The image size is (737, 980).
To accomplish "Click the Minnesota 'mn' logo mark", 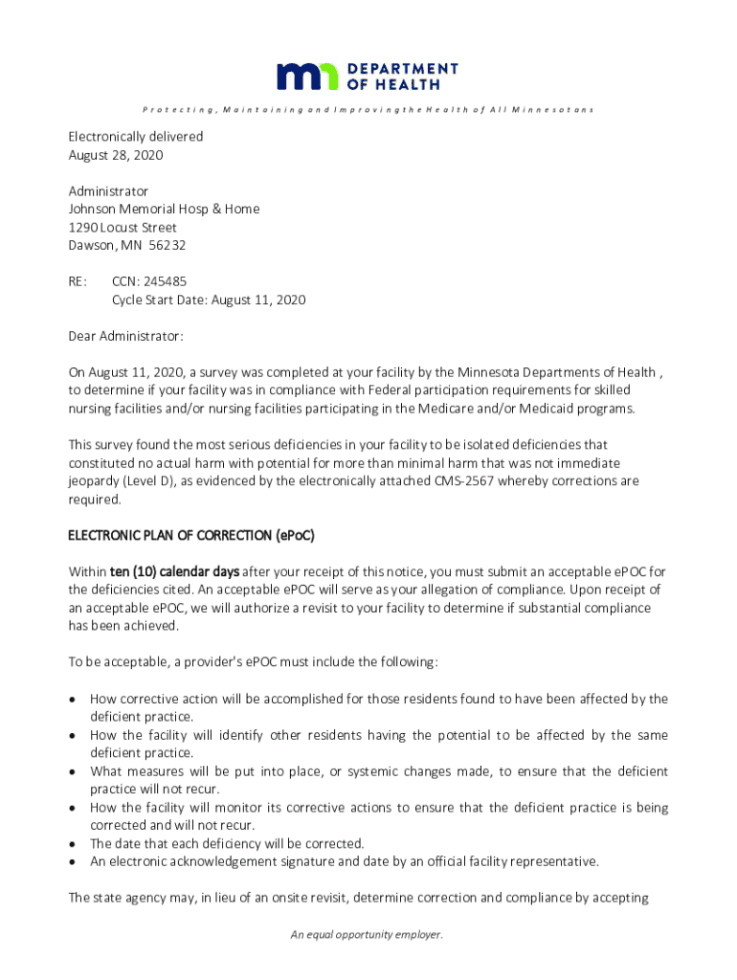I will pyautogui.click(x=307, y=77).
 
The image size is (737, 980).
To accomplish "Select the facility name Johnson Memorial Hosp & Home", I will pyautogui.click(x=164, y=209).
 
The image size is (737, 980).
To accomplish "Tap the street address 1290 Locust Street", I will pyautogui.click(x=123, y=227).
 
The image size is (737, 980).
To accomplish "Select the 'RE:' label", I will pyautogui.click(x=78, y=281).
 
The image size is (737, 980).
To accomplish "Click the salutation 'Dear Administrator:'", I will pyautogui.click(x=125, y=336).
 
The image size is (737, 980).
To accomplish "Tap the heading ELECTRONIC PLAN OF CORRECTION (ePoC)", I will pyautogui.click(x=190, y=534).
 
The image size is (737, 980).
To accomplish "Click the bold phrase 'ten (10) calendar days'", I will pyautogui.click(x=173, y=571).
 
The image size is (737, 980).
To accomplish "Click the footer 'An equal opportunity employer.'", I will pyautogui.click(x=368, y=935).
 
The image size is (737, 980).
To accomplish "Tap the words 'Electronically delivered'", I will pyautogui.click(x=135, y=137).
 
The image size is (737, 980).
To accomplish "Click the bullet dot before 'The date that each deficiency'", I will pyautogui.click(x=73, y=844).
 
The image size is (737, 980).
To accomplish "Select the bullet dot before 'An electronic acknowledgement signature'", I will pyautogui.click(x=73, y=862).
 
